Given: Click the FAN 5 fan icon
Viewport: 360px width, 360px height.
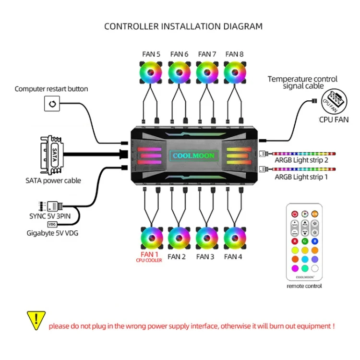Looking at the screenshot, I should [151, 73].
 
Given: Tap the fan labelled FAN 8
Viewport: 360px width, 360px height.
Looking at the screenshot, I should [234, 73].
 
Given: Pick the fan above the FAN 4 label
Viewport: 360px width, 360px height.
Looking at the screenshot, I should [234, 237].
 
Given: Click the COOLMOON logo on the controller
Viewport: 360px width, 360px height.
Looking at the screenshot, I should [193, 156].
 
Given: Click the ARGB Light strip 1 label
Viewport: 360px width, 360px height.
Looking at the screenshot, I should [301, 177].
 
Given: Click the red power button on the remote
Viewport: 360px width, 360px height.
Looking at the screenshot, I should [294, 214].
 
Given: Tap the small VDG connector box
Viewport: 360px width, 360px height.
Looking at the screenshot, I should [52, 224].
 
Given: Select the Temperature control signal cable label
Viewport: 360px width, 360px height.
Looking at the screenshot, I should [302, 83].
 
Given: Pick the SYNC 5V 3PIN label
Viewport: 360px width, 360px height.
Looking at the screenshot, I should [50, 216].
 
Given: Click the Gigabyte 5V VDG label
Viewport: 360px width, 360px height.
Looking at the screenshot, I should [53, 233].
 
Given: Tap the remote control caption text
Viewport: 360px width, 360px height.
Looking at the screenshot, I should [304, 286].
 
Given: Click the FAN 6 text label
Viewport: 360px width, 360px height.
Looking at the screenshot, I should [179, 54].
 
